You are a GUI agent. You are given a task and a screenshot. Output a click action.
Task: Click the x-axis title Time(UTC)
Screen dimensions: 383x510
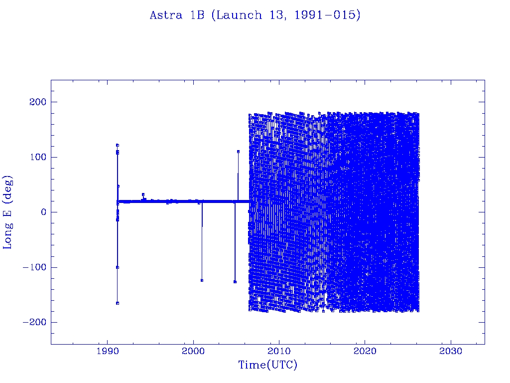point(267,365)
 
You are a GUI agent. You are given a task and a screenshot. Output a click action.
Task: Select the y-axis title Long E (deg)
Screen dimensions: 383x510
point(8,212)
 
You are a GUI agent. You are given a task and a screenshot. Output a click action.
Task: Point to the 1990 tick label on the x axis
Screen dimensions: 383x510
point(108,352)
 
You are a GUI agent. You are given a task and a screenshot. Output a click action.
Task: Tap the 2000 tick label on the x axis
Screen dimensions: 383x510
point(193,352)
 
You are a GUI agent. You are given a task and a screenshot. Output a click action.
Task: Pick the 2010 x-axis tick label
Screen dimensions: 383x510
point(279,352)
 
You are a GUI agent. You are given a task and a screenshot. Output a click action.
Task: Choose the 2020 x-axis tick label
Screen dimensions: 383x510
point(365,352)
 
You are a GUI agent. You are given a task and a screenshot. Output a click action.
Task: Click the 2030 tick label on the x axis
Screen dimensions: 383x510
point(451,352)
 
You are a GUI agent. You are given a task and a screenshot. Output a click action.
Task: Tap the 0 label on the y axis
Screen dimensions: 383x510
point(43,212)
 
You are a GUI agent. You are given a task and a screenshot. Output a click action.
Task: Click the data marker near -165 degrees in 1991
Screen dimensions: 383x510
point(118,303)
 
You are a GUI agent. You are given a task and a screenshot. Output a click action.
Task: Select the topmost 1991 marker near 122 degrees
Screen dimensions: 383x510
point(118,145)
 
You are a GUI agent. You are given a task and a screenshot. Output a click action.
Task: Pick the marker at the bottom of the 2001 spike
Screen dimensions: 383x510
point(202,280)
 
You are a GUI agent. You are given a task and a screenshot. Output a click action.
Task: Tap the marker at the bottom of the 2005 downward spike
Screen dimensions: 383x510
point(235,282)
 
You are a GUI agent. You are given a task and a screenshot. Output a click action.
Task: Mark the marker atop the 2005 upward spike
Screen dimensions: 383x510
point(238,151)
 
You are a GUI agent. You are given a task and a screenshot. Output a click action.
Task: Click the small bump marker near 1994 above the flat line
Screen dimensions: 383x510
point(143,194)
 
